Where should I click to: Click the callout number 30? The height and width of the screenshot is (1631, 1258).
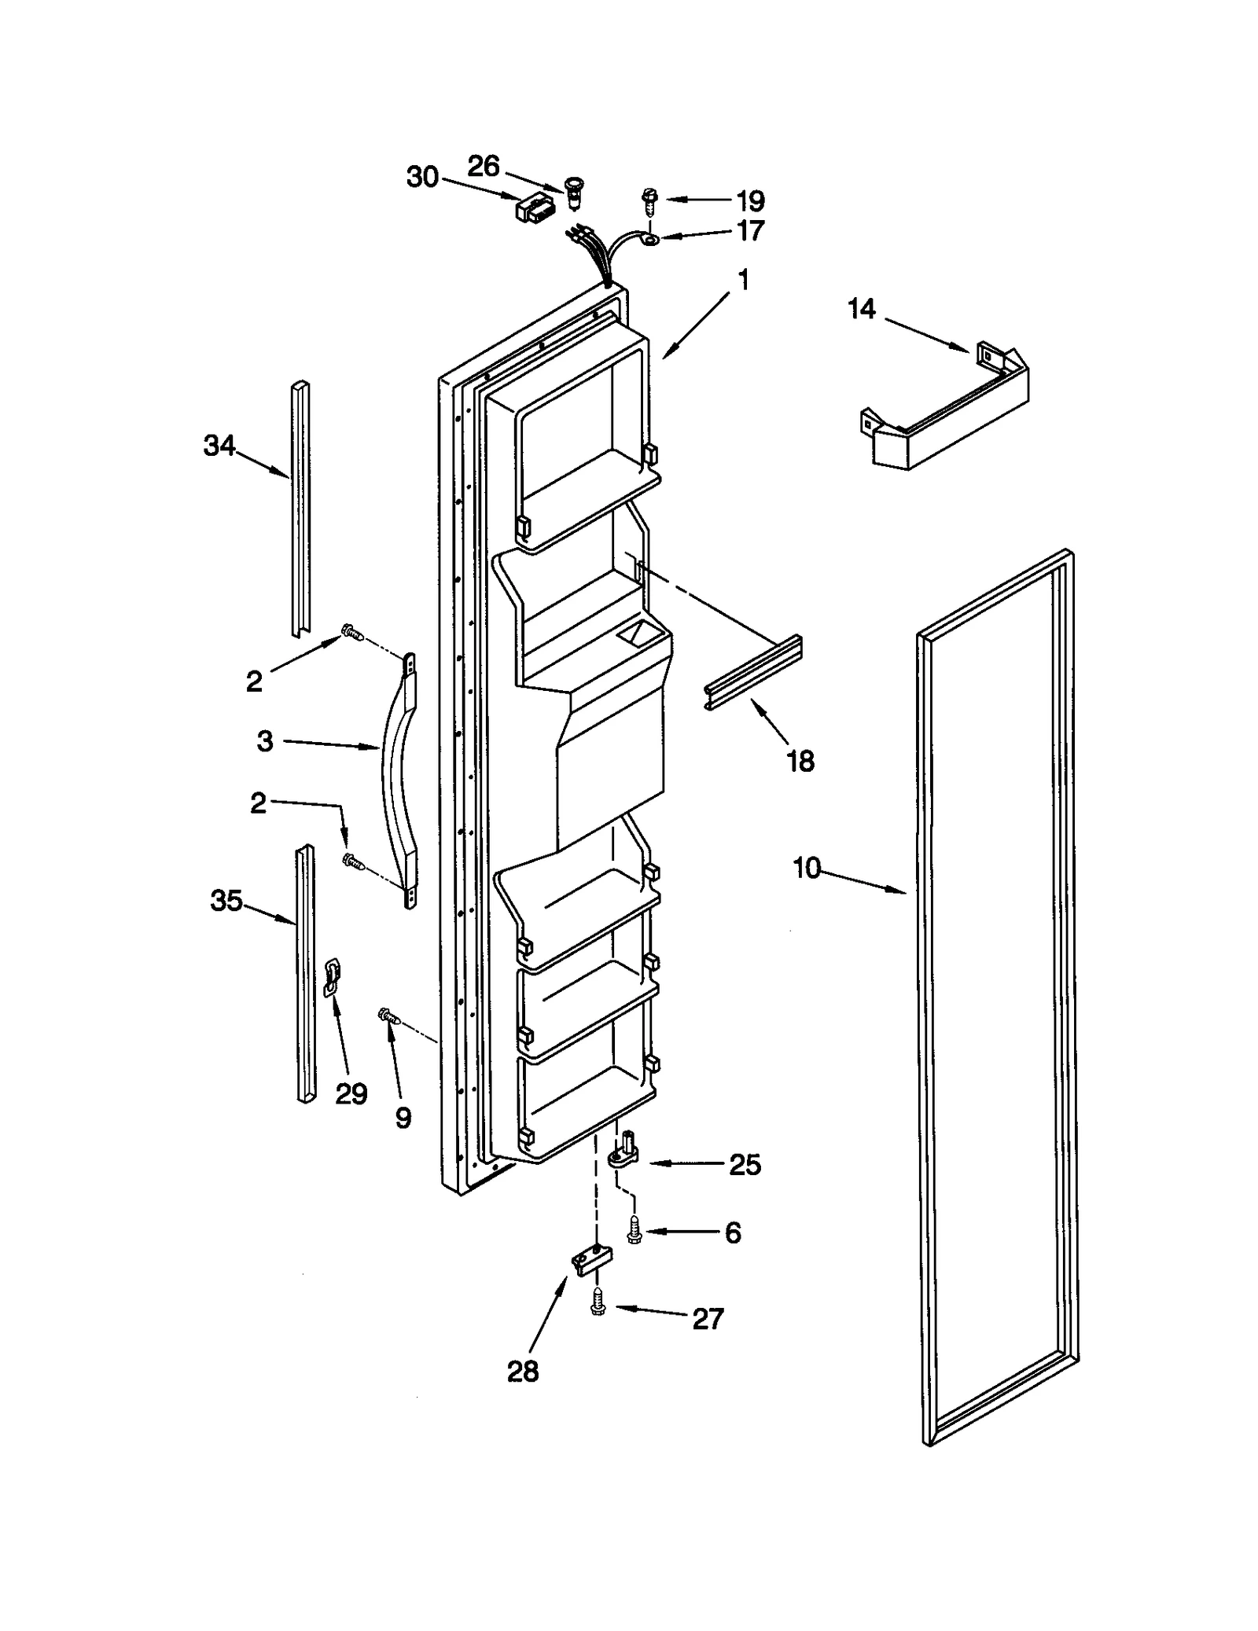click(x=422, y=178)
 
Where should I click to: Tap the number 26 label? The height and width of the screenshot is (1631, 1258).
click(x=484, y=166)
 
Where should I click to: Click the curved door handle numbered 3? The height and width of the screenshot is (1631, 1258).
click(x=397, y=778)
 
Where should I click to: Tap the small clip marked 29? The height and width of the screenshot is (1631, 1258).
click(x=332, y=978)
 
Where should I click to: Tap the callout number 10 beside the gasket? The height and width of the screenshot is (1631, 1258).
click(x=806, y=869)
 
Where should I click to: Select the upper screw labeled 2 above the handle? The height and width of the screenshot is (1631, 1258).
click(x=351, y=631)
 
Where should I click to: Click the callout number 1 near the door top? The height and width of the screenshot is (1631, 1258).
click(x=743, y=281)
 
